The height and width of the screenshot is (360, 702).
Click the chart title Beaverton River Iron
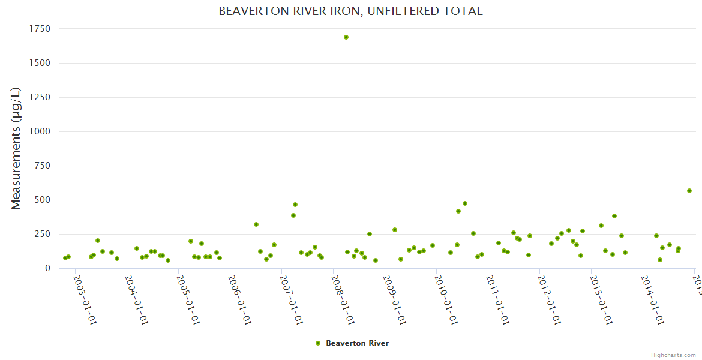click(350, 11)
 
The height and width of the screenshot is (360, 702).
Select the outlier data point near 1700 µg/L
click(346, 37)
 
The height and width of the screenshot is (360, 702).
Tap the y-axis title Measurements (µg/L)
click(16, 148)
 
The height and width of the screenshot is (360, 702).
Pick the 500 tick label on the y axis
click(42, 200)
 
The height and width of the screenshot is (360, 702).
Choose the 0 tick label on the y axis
click(47, 268)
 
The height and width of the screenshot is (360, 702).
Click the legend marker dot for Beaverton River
click(318, 343)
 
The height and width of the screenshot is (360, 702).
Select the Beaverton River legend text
click(357, 343)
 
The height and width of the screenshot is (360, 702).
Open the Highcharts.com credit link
click(673, 355)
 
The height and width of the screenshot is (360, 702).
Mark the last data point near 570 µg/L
click(689, 191)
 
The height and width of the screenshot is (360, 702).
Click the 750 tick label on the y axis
click(42, 166)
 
